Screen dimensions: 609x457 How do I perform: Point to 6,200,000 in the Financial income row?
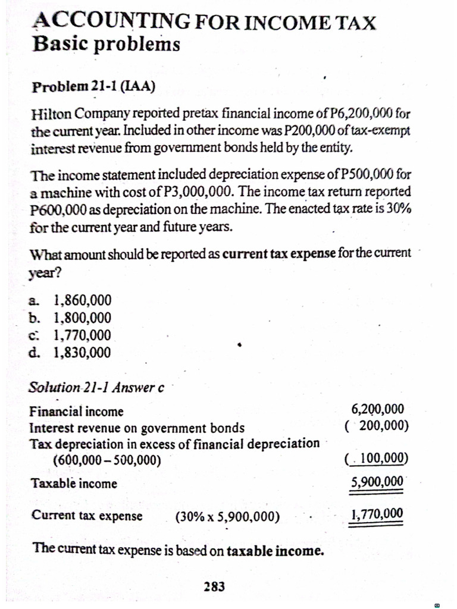[x=378, y=410]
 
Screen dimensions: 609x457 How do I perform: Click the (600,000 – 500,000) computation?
[x=107, y=460]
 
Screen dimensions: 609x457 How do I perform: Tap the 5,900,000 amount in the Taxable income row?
[x=377, y=482]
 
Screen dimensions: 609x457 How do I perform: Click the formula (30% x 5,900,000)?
[x=228, y=516]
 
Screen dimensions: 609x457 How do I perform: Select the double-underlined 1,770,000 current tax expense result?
[x=377, y=514]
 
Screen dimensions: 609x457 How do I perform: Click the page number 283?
[x=214, y=587]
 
